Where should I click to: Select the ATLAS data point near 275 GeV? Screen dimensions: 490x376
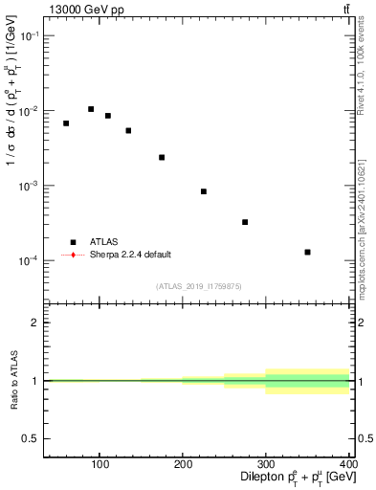click(x=245, y=222)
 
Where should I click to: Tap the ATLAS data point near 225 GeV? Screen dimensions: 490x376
click(x=204, y=191)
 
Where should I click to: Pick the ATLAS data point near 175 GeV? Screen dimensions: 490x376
click(x=162, y=157)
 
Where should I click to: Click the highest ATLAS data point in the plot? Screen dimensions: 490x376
click(x=91, y=109)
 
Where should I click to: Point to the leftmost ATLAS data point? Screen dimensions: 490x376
click(x=66, y=123)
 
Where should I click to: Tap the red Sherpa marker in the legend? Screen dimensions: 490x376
click(x=73, y=255)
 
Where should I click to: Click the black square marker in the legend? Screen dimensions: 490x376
click(x=73, y=242)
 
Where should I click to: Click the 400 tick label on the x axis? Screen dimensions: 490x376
click(x=348, y=465)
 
